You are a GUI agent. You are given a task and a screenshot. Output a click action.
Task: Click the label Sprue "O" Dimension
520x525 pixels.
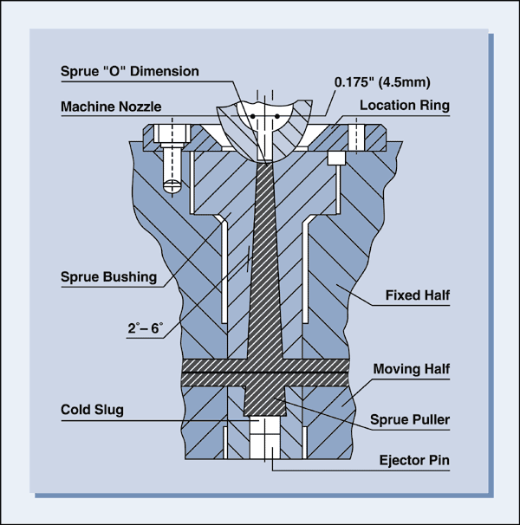click(x=129, y=71)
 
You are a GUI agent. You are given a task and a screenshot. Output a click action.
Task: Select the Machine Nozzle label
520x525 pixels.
click(x=111, y=107)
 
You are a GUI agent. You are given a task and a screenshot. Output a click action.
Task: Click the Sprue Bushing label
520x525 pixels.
click(x=108, y=278)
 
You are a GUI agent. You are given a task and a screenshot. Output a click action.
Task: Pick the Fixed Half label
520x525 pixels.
click(x=418, y=296)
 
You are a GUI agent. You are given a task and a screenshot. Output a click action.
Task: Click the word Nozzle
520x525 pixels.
click(x=139, y=107)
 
